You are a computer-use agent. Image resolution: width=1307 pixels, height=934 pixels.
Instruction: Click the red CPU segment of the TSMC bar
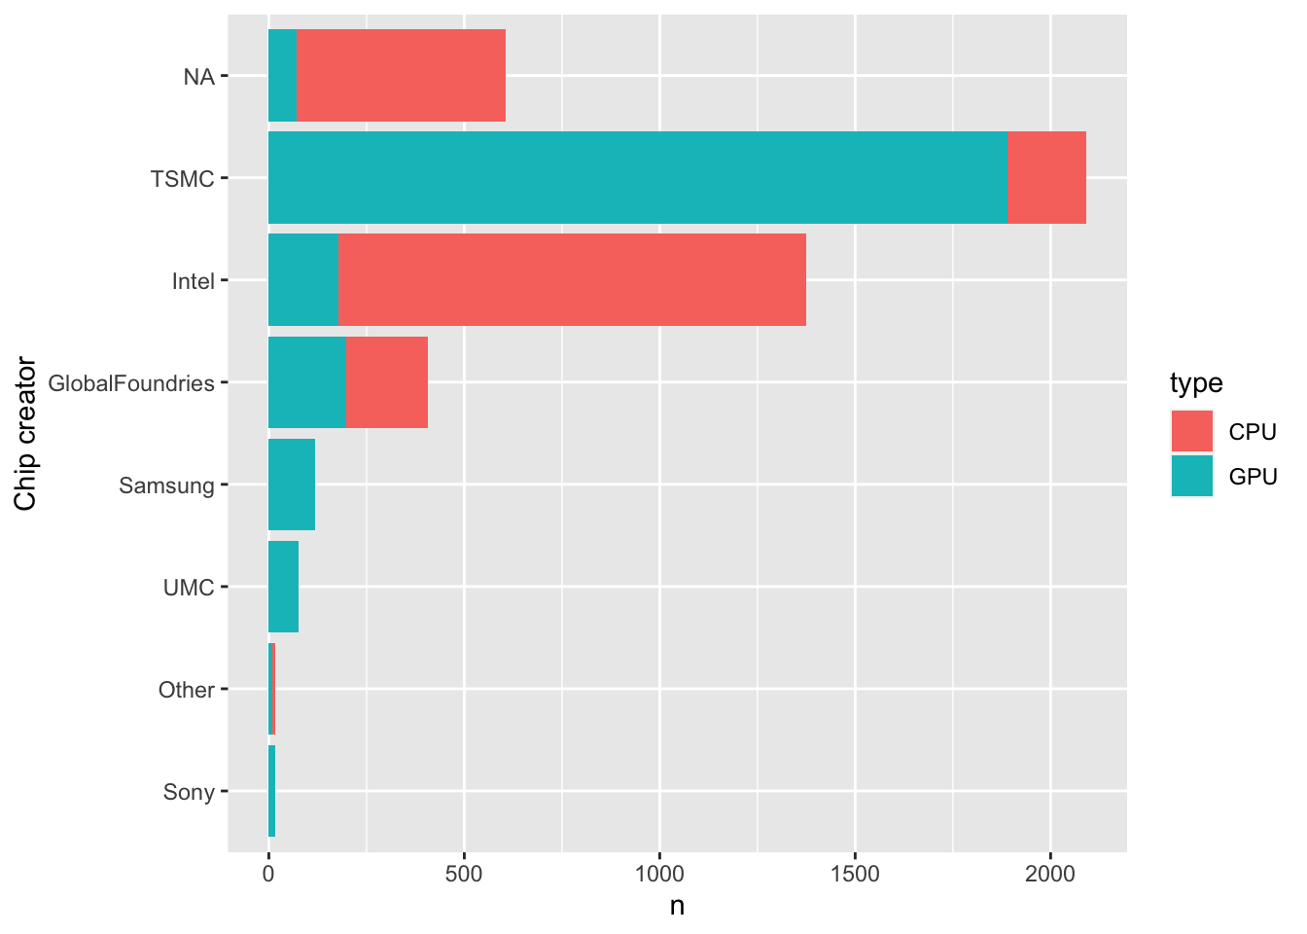[x=1045, y=178]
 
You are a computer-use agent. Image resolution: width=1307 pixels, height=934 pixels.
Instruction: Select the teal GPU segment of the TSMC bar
[x=637, y=178]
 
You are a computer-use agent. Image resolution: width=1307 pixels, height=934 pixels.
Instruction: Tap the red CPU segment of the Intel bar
[x=572, y=280]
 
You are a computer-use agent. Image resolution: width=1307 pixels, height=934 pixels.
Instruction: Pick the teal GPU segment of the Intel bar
[x=302, y=280]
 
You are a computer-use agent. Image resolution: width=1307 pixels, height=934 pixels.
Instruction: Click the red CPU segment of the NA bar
[x=401, y=76]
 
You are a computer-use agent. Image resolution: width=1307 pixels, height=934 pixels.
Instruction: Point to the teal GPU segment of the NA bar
[x=282, y=76]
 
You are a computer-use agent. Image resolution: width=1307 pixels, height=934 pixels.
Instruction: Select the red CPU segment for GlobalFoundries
[x=386, y=382]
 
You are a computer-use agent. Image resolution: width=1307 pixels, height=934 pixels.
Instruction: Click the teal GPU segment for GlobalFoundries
[x=306, y=382]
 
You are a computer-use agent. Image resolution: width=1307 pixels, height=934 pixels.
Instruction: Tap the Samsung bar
[x=291, y=485]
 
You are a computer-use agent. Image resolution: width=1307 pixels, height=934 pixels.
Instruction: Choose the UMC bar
[x=283, y=587]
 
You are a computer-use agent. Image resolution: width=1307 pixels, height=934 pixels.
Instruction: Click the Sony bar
[x=271, y=791]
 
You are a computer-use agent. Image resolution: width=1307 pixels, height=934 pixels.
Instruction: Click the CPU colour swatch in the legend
[x=1191, y=431]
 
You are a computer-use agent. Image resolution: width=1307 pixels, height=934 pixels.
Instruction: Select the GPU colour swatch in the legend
[x=1191, y=476]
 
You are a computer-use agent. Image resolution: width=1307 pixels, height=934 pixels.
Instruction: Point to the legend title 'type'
[x=1196, y=383]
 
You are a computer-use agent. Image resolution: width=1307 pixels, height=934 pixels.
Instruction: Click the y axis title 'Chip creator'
[x=26, y=434]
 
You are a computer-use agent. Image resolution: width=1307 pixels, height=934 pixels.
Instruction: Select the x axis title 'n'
[x=677, y=907]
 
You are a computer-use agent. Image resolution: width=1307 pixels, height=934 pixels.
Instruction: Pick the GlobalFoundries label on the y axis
[x=131, y=383]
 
